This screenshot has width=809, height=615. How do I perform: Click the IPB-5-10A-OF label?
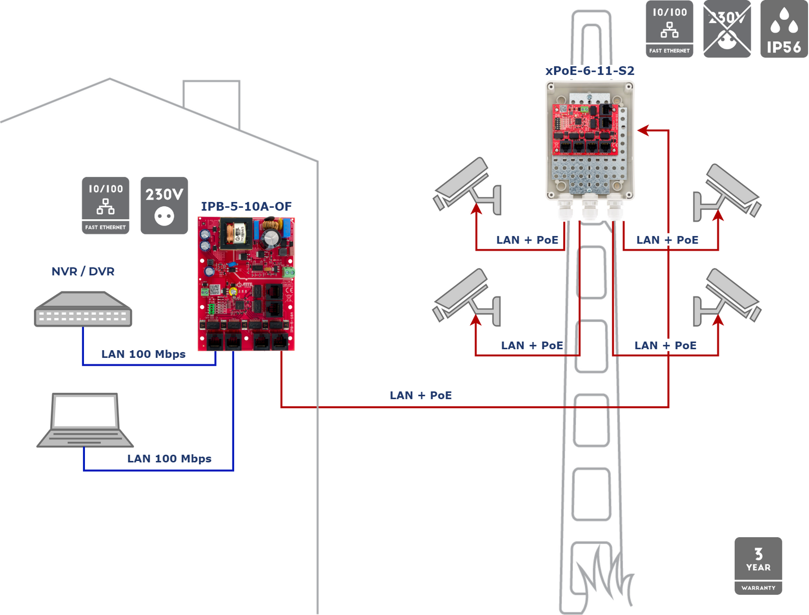coord(246,207)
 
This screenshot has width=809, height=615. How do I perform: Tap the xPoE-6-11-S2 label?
coord(590,71)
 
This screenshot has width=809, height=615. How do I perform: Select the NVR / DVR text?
coord(83,271)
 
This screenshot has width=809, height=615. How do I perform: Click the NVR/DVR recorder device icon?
coord(83,309)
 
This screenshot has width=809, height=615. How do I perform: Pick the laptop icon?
coord(85,420)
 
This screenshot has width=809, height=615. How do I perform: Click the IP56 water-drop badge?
coord(784,29)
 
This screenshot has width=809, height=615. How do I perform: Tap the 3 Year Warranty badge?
coord(758,565)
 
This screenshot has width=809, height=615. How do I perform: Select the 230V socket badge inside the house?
coord(164,206)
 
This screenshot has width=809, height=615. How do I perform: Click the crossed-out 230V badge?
coord(727,29)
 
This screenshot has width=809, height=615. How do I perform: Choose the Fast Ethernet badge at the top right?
coord(669,29)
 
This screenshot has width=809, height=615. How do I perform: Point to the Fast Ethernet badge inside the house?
coord(106,206)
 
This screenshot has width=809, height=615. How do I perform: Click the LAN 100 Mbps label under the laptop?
coord(169,459)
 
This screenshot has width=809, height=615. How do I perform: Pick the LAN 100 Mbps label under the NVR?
coord(144,354)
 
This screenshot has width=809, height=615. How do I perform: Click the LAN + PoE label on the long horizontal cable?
coord(421,396)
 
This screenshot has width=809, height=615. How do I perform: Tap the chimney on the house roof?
coord(211,101)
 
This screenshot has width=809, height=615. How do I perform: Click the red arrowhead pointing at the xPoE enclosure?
coord(643,130)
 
